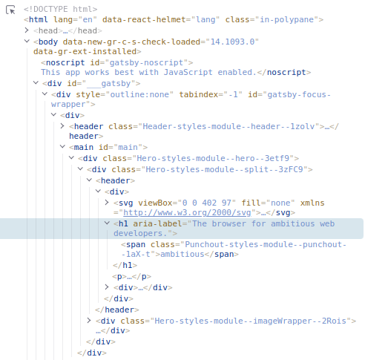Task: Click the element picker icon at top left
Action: click(x=10, y=10)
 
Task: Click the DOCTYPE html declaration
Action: click(x=61, y=9)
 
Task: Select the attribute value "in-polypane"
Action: click(x=286, y=19)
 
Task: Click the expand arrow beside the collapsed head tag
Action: click(x=27, y=30)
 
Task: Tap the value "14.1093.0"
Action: click(x=232, y=42)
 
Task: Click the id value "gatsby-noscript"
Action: click(x=146, y=62)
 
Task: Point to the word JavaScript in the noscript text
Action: click(x=188, y=72)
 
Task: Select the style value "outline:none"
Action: click(x=139, y=94)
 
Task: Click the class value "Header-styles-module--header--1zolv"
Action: click(x=228, y=126)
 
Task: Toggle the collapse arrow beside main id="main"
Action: click(x=62, y=147)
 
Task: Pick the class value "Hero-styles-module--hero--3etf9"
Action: click(x=213, y=158)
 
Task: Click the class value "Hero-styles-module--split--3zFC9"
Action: click(x=224, y=169)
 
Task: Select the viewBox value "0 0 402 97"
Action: click(x=207, y=203)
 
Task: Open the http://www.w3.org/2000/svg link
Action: click(x=187, y=212)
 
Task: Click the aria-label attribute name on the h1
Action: click(x=157, y=223)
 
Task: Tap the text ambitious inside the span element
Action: click(x=182, y=254)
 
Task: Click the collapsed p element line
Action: click(x=131, y=276)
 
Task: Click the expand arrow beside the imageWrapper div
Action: click(x=89, y=321)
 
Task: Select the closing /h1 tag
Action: click(x=125, y=265)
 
